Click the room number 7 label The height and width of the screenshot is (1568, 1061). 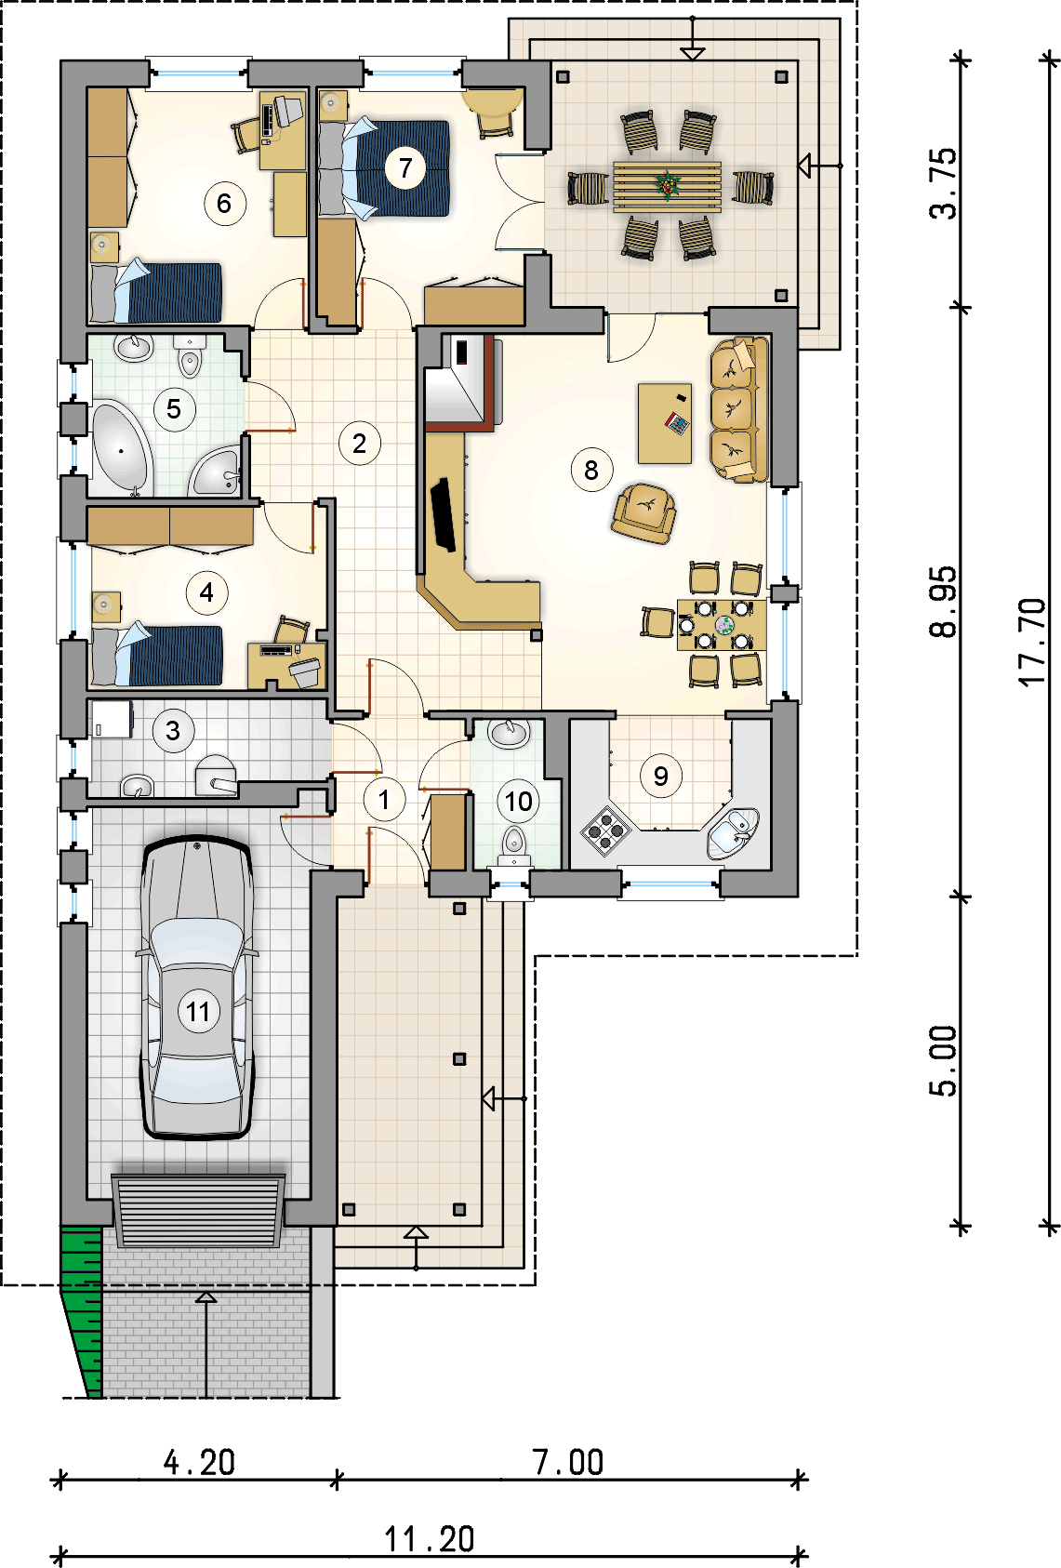[x=405, y=168]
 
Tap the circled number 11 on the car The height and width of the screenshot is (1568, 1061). [x=198, y=1011]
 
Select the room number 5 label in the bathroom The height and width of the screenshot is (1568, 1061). [x=174, y=409]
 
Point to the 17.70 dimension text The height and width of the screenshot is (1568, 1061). [x=1032, y=642]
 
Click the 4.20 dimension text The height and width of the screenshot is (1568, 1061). [x=200, y=1462]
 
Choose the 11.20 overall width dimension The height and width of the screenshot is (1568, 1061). [x=430, y=1539]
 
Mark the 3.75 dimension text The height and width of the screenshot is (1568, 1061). [x=943, y=183]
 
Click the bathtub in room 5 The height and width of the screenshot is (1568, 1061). [x=120, y=449]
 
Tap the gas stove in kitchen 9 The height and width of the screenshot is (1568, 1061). [x=606, y=831]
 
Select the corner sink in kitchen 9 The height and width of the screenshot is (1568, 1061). [x=733, y=832]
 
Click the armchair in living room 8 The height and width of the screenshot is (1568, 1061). [x=644, y=513]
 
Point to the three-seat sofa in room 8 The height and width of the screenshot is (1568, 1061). [x=738, y=410]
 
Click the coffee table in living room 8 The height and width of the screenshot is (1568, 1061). [x=665, y=423]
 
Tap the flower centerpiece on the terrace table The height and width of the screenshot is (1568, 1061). [x=669, y=185]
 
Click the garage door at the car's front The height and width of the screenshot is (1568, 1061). [x=199, y=1212]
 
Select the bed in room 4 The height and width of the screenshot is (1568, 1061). [x=157, y=656]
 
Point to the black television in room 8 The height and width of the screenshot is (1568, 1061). [x=444, y=515]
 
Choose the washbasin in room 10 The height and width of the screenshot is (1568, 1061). [x=509, y=733]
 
